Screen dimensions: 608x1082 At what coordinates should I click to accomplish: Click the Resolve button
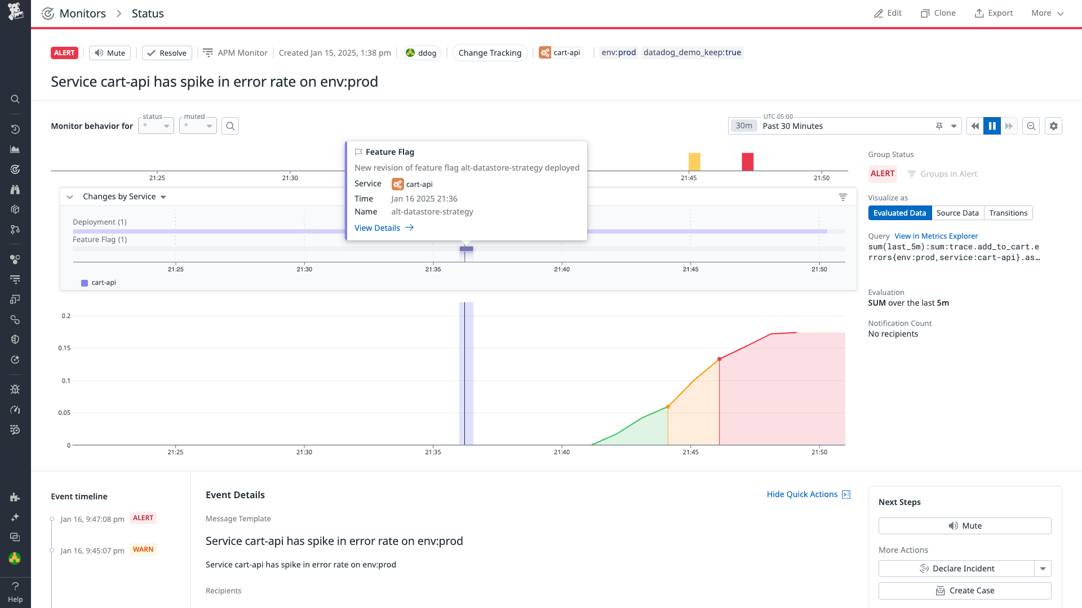point(167,53)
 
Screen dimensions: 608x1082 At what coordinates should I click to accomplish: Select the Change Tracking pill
point(490,53)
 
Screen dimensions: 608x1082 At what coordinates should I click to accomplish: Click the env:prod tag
point(618,52)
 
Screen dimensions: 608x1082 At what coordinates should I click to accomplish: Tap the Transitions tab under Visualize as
point(1008,213)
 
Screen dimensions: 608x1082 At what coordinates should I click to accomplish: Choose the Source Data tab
point(957,213)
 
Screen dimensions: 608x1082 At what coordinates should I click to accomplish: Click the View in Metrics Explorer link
point(935,236)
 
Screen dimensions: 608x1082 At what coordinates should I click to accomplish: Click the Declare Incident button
point(957,569)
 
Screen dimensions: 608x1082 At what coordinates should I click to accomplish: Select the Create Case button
point(964,591)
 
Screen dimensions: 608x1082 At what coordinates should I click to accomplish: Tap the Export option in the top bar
point(994,13)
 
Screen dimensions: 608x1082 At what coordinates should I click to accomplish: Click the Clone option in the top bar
point(938,13)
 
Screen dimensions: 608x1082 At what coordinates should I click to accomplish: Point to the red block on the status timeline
point(747,162)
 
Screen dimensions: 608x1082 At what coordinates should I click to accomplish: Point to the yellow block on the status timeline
point(694,162)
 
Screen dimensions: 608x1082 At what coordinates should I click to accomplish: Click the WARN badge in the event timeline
point(143,549)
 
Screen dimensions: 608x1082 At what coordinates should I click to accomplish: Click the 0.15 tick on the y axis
point(64,348)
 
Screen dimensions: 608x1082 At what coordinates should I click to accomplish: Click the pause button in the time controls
point(992,126)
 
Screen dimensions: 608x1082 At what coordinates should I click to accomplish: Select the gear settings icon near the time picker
point(1053,126)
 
